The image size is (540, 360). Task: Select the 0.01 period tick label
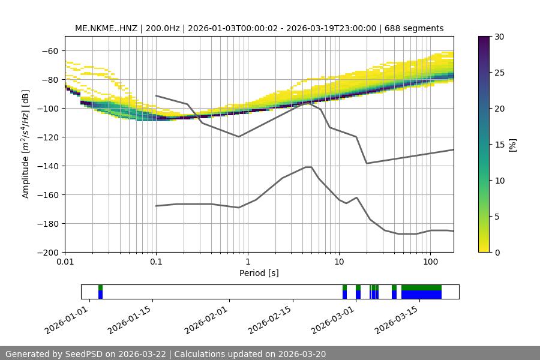pyautogui.click(x=65, y=262)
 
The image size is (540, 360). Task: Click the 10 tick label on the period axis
pyautogui.click(x=339, y=262)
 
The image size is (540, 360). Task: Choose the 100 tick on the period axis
pyautogui.click(x=430, y=262)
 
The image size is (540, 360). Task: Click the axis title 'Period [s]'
pyautogui.click(x=259, y=273)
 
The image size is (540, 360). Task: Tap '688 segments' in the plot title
pyautogui.click(x=415, y=28)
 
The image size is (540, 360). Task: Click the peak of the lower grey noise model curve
pyautogui.click(x=308, y=167)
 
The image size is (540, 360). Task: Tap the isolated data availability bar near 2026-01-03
pyautogui.click(x=100, y=292)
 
